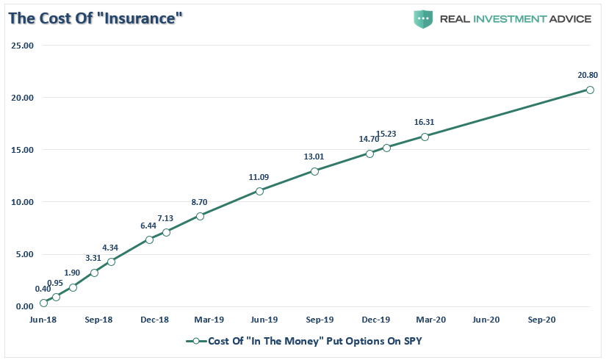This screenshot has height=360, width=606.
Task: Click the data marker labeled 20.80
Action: click(x=590, y=90)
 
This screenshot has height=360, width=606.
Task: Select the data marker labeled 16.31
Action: click(x=425, y=137)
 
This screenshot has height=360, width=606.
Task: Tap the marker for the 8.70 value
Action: click(x=200, y=216)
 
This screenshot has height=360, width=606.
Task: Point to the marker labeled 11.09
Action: click(x=259, y=191)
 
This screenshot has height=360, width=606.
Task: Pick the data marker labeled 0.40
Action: click(x=43, y=303)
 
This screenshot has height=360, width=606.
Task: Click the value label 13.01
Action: click(x=314, y=156)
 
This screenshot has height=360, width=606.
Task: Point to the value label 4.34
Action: click(x=111, y=247)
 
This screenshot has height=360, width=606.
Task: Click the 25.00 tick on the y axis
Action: click(x=23, y=46)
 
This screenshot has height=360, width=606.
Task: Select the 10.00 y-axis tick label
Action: click(x=23, y=202)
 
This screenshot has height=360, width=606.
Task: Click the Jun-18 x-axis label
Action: click(x=43, y=320)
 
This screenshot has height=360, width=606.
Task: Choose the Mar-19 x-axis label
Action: click(x=209, y=320)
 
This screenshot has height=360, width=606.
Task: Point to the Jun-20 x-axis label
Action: click(x=486, y=320)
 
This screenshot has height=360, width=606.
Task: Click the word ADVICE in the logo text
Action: click(x=566, y=19)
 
